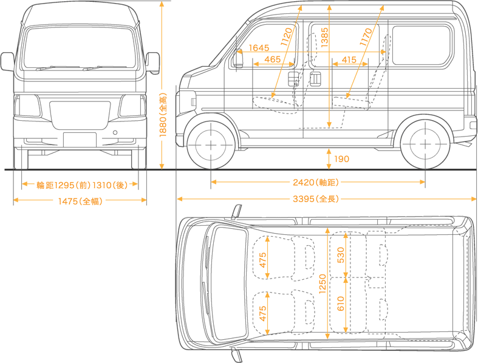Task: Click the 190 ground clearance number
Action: point(341,159)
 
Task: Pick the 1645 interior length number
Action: point(259,48)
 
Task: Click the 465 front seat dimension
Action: point(273,59)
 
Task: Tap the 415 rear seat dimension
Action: point(349,59)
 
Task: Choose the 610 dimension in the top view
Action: point(341,303)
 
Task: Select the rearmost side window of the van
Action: point(422,46)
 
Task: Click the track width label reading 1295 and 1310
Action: point(80,185)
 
